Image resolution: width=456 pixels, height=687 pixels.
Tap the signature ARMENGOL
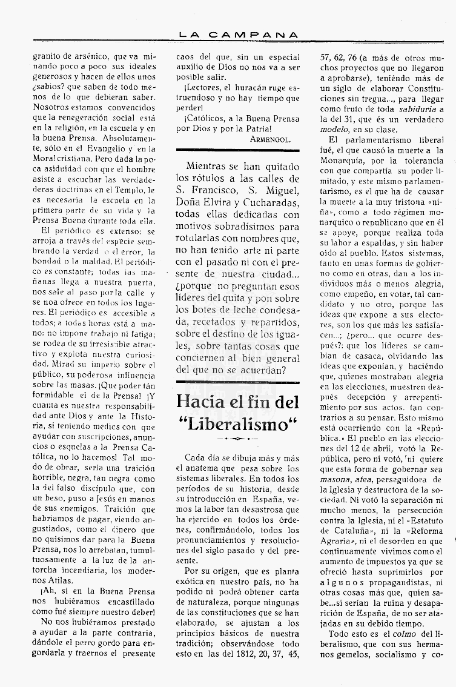click(x=270, y=138)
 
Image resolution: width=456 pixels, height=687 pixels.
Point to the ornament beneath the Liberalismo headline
click(x=237, y=438)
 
